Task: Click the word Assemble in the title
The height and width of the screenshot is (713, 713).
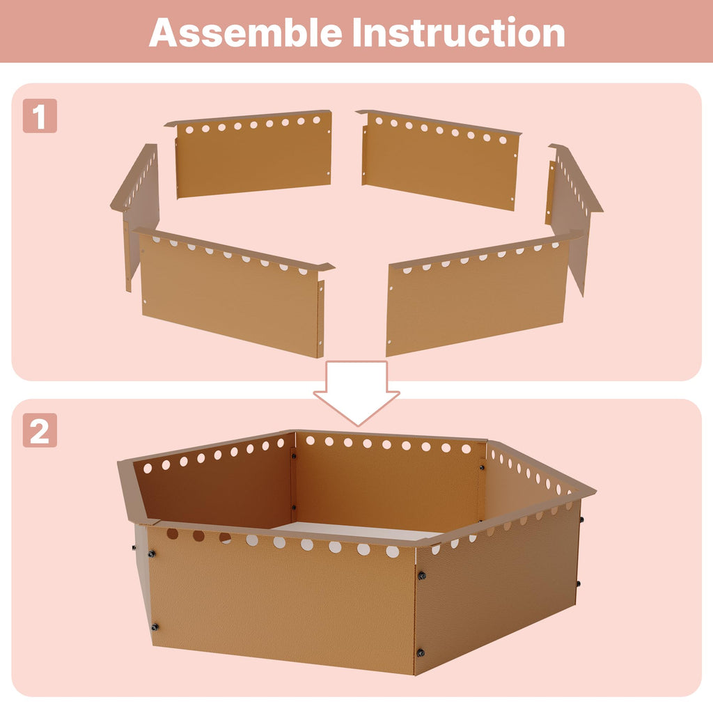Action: tap(246, 32)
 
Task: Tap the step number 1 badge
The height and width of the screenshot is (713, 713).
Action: tap(40, 116)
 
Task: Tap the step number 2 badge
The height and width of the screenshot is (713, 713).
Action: tap(40, 430)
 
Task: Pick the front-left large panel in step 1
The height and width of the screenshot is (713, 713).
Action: tap(232, 291)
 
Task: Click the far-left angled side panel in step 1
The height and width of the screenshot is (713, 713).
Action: tap(137, 205)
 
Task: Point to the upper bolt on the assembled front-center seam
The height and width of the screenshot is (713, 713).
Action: tap(421, 576)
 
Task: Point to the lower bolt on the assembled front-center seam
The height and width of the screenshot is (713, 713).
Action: tap(421, 653)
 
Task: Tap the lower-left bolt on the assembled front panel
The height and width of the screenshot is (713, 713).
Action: tap(155, 627)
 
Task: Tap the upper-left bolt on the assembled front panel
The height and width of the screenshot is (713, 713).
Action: tap(151, 554)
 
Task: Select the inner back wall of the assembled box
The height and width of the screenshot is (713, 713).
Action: tap(386, 482)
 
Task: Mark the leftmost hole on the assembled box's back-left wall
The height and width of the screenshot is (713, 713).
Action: tap(148, 468)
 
